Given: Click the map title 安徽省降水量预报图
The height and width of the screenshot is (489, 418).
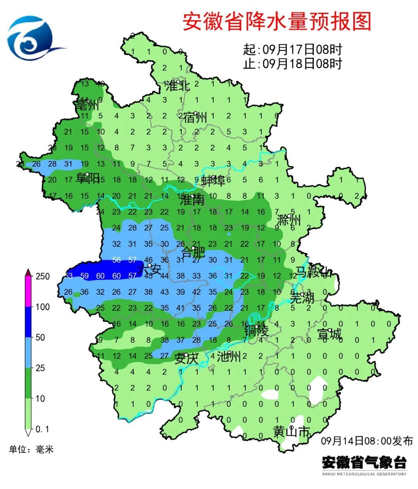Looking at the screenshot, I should (277, 21).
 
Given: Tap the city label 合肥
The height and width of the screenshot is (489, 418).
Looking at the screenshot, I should (193, 253).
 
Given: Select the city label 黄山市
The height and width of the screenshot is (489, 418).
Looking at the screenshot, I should (291, 431).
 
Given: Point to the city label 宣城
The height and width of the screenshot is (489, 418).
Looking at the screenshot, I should (329, 334).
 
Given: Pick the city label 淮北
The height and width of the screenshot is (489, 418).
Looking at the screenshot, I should (178, 86).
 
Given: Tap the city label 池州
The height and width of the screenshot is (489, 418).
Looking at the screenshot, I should (228, 356).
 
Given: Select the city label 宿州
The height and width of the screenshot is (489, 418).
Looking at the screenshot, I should (195, 117).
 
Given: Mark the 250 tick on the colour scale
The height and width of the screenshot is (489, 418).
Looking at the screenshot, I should (43, 276).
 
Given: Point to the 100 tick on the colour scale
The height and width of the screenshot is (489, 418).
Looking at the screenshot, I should (43, 307).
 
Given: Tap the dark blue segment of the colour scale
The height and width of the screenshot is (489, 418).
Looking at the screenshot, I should (28, 322).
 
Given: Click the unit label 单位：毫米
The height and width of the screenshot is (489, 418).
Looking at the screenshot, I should (31, 449).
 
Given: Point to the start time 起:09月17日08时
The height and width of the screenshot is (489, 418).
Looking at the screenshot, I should (293, 50).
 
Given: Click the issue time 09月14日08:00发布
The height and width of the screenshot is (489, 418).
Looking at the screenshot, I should (367, 441).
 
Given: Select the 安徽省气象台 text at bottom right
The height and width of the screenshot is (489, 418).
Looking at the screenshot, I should (364, 462).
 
